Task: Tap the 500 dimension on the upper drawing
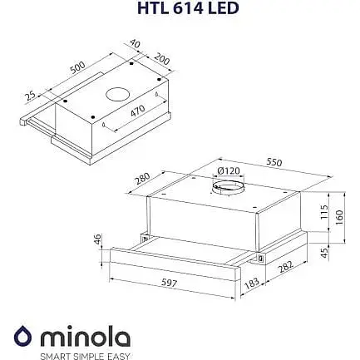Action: pos(79,66)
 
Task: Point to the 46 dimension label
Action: pos(97,240)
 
